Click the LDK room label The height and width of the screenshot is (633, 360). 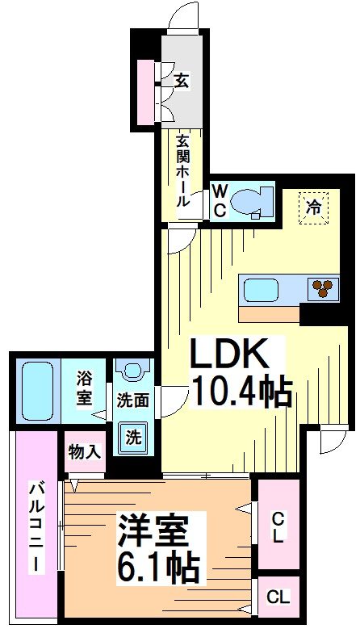[227, 354]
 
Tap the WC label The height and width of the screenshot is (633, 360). [219, 201]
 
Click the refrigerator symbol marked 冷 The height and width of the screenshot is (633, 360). [315, 207]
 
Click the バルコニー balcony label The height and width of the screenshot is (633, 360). [36, 526]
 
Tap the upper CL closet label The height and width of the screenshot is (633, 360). [277, 526]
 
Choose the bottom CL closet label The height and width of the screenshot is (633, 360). [278, 598]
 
